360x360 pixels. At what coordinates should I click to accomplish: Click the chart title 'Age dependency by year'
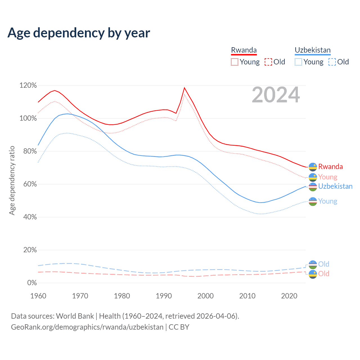[79, 33]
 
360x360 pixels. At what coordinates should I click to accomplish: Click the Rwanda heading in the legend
[244, 50]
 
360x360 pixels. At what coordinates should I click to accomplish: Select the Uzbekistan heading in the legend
[312, 50]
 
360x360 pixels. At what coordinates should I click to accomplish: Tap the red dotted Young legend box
[235, 62]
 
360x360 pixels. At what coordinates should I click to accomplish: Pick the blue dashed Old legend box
[332, 62]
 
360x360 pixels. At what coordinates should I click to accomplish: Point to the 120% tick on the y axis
[28, 85]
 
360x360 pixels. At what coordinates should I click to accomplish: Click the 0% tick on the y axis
[32, 283]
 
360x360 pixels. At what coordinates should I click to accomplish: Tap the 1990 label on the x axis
[164, 296]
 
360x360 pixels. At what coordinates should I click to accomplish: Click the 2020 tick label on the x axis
[289, 296]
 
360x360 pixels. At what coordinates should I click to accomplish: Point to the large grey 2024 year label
[276, 95]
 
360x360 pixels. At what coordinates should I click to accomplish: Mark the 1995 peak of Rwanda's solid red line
[184, 88]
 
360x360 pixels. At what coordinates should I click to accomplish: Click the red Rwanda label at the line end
[330, 166]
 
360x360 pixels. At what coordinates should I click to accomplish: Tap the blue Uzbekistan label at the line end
[335, 186]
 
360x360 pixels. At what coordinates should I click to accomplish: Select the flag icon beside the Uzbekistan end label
[313, 187]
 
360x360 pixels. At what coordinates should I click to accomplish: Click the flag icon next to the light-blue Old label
[313, 264]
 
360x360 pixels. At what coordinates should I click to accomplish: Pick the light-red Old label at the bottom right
[324, 274]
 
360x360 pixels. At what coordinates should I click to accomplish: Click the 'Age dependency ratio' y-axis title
[12, 180]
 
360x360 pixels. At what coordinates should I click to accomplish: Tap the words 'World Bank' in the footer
[75, 316]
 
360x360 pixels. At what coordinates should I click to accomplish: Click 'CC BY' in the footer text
[179, 327]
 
